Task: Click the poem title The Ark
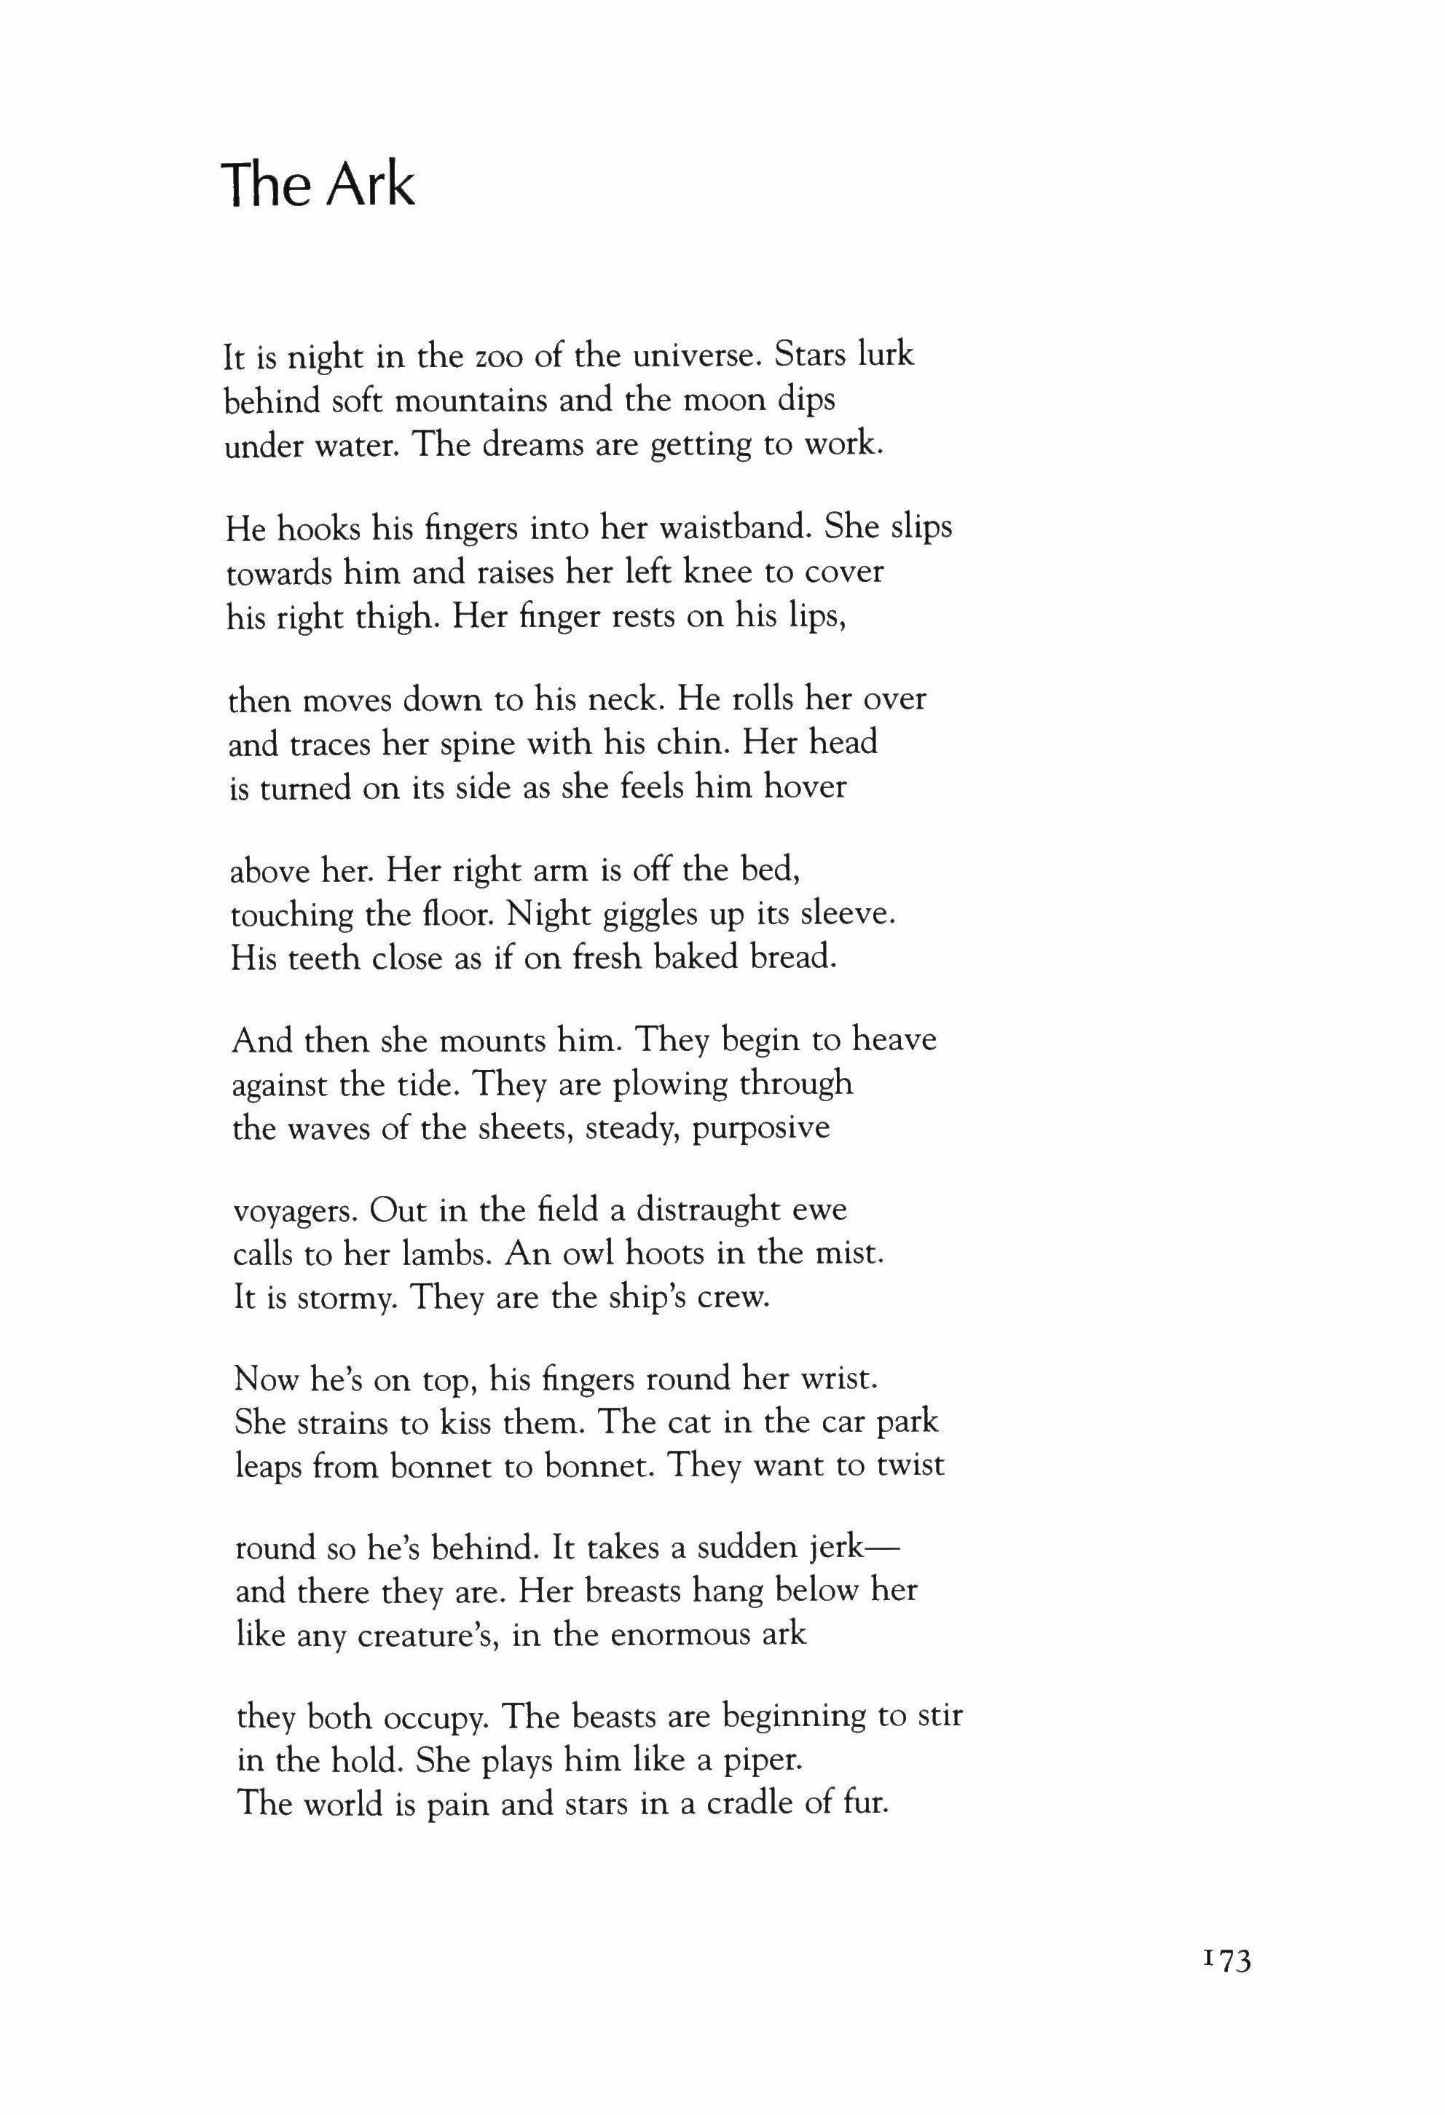(318, 185)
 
